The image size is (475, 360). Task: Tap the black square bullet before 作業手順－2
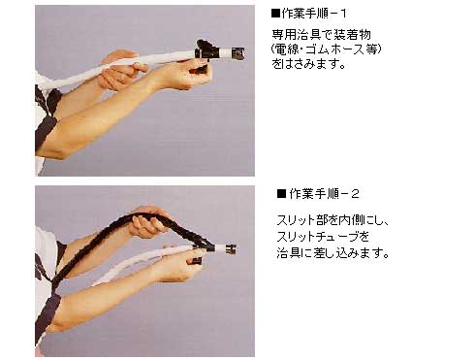[281, 194]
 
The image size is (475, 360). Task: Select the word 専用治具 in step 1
[292, 33]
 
